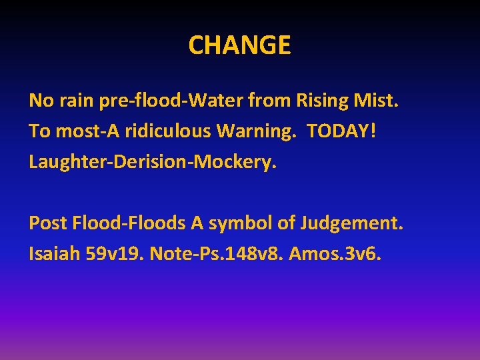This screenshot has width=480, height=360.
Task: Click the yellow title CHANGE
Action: (x=239, y=45)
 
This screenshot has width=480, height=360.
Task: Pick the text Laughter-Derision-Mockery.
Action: (x=152, y=161)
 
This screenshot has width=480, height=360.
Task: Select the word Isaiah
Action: (x=55, y=254)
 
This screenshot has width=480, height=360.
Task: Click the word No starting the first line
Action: (x=39, y=101)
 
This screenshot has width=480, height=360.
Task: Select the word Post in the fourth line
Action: (x=45, y=223)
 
